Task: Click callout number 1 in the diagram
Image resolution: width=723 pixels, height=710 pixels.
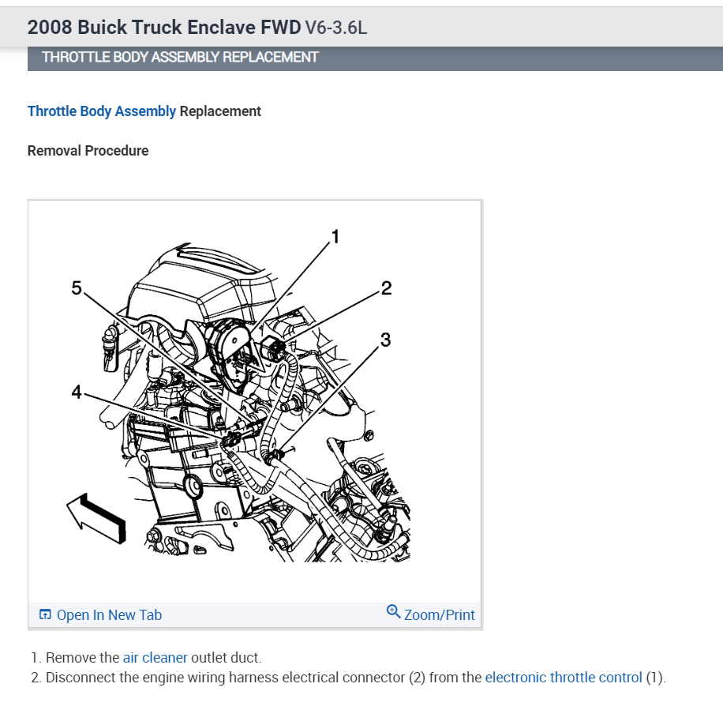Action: click(335, 236)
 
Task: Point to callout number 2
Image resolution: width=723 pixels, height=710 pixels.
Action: click(386, 287)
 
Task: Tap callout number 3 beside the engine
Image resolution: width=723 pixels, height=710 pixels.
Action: click(385, 340)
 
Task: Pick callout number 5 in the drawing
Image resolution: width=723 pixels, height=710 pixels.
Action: click(77, 288)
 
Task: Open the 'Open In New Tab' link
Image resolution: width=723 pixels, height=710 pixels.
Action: click(109, 615)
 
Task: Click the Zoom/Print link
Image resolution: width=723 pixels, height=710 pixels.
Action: click(439, 615)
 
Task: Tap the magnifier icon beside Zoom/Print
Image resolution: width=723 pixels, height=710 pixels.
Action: click(393, 611)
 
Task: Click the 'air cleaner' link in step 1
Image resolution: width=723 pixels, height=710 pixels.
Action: click(155, 657)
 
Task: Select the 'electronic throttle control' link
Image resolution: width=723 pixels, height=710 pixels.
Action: click(564, 678)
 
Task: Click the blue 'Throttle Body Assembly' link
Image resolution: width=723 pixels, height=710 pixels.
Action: click(102, 111)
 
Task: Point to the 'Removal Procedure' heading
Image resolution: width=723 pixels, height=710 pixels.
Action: click(88, 150)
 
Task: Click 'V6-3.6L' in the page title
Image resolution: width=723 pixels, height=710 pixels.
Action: click(336, 28)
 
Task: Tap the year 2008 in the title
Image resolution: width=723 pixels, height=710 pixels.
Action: click(49, 27)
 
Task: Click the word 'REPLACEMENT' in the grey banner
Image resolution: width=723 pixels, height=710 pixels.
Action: click(269, 57)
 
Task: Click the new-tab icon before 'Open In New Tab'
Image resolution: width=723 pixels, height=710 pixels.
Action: click(45, 615)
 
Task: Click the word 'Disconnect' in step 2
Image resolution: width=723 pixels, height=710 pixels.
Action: click(80, 678)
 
